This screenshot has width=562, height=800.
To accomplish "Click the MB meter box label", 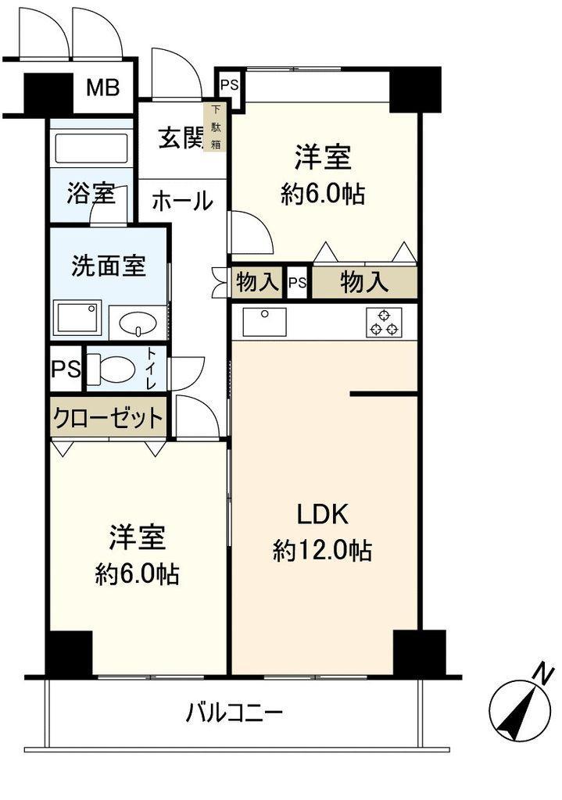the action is coord(102,87).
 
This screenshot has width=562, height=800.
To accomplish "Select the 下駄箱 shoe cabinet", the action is coord(216,127).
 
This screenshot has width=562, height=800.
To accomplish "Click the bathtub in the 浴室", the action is coord(91,148).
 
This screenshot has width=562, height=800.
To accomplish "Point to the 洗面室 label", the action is coord(108,266).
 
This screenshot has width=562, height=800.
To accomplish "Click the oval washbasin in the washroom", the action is coord(137,323).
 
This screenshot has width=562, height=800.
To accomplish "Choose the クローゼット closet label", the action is coord(108,419).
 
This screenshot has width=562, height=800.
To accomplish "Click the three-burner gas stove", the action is coord(384,323).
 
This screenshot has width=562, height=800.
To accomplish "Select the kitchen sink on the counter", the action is coord(264,322).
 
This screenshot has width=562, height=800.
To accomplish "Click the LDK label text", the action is coord(323,514).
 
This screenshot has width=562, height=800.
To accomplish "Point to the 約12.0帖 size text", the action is coord(322,551).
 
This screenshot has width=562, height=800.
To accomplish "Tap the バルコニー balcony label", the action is coord(234,712).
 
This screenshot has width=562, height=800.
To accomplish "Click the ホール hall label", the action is coord(182,201).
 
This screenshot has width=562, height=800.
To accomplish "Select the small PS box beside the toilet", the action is coord(66,369).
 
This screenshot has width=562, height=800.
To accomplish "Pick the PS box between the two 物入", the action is coord(298,282).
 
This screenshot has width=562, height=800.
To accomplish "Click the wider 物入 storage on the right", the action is coord(364,282).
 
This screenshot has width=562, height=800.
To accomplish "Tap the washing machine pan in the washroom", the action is coord(77,318).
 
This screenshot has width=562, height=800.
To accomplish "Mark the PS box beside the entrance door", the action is coord(230,84).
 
